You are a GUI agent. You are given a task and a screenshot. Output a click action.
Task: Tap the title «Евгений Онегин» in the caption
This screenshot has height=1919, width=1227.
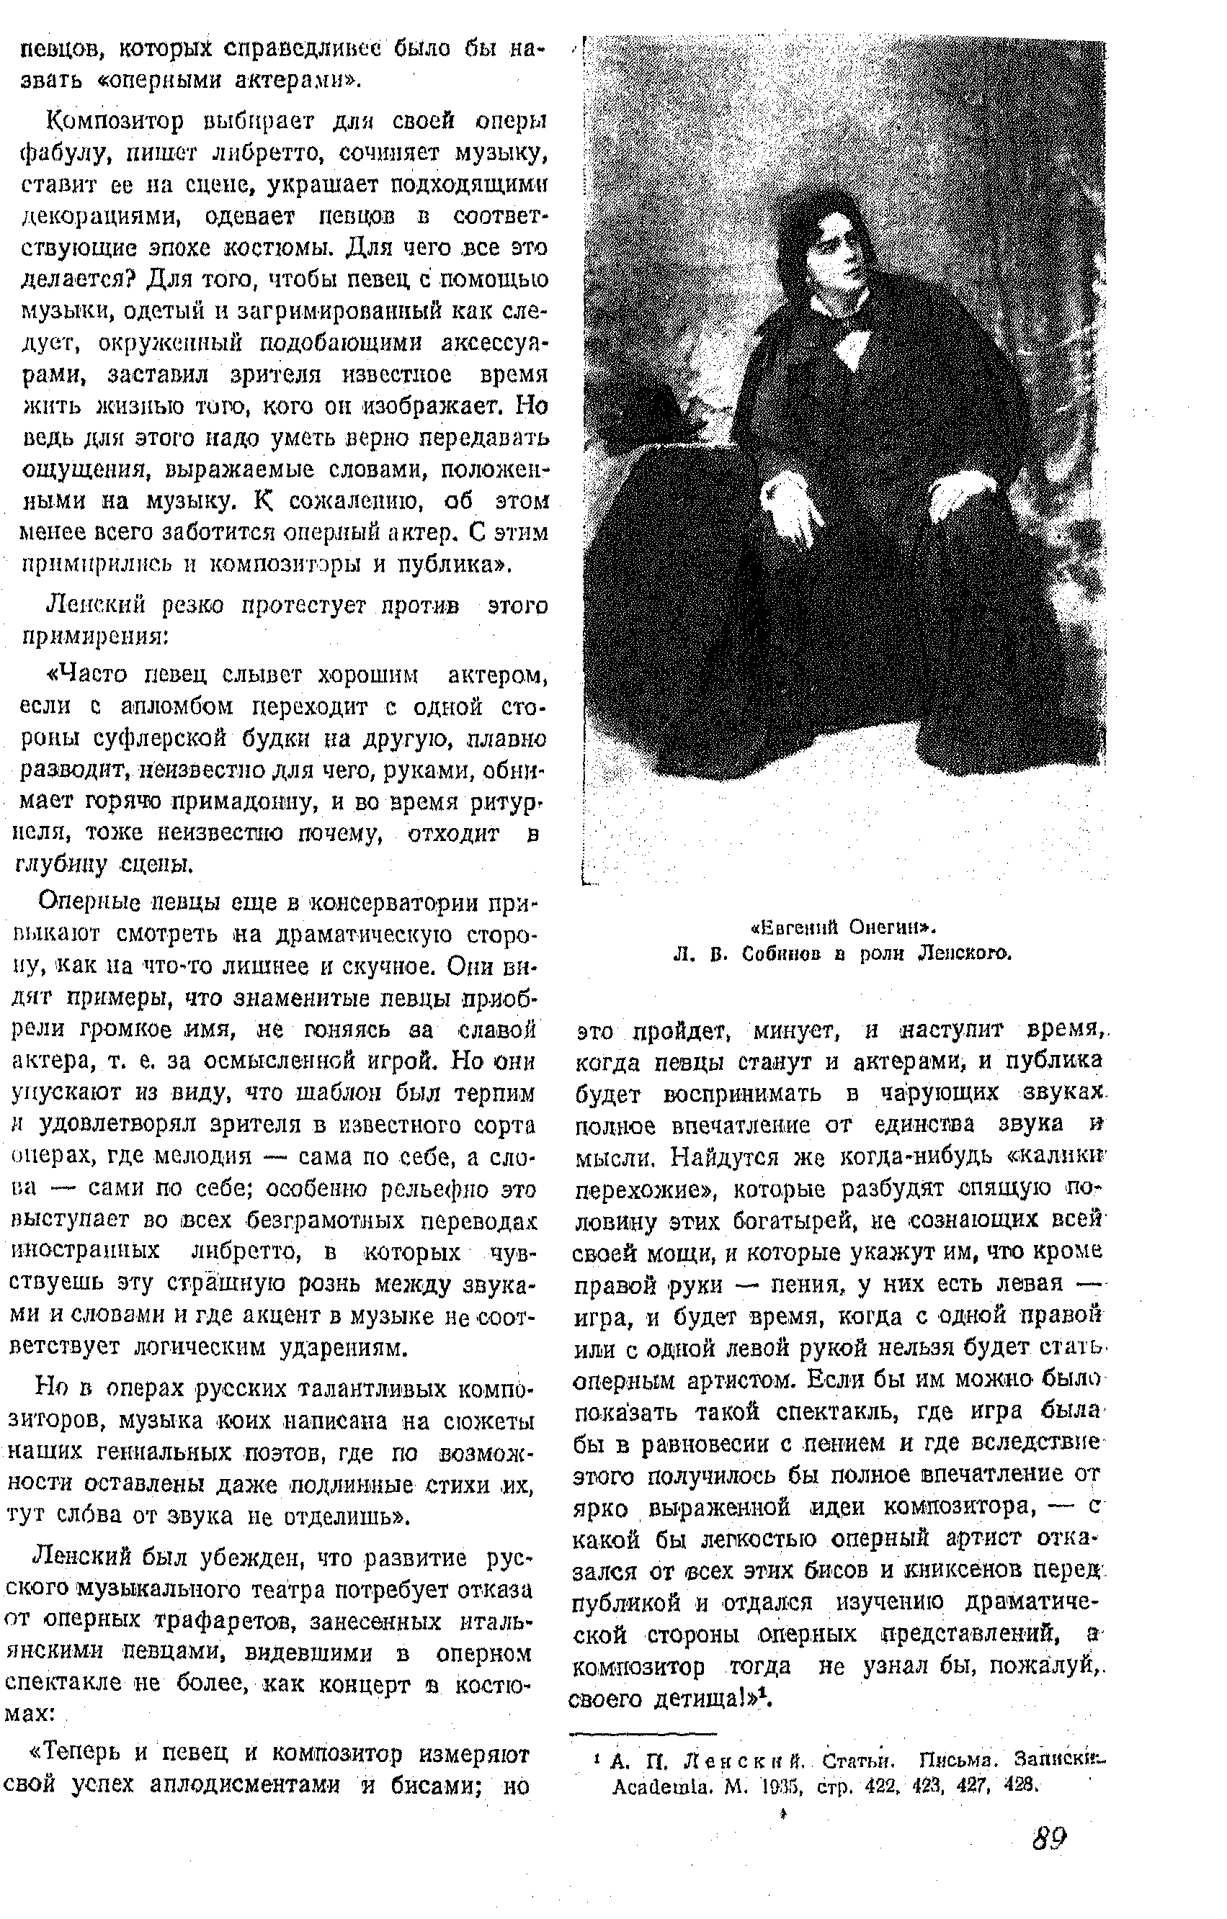[x=844, y=927]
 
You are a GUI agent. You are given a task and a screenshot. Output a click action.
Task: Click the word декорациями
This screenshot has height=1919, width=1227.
[x=89, y=217]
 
